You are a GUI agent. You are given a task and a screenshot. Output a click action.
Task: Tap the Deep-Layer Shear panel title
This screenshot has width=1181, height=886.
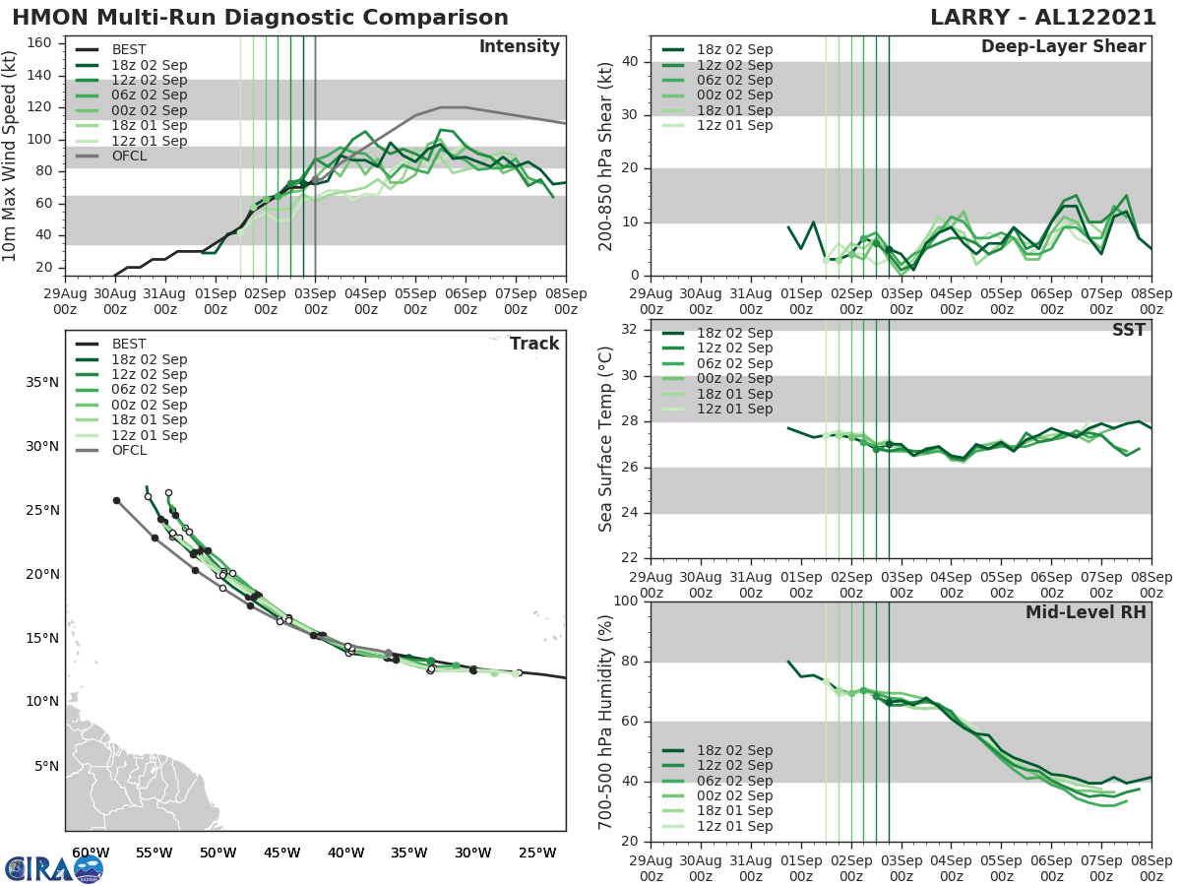[1063, 47]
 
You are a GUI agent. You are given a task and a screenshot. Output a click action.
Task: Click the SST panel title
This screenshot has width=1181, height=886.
[1128, 330]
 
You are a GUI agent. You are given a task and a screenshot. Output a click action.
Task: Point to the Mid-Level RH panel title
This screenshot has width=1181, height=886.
[1086, 612]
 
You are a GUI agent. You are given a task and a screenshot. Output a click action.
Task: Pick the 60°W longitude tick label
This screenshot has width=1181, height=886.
[91, 853]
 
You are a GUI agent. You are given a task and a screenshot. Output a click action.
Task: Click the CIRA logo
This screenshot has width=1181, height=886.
[54, 868]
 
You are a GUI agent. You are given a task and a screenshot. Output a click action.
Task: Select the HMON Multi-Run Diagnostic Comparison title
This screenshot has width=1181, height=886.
[260, 18]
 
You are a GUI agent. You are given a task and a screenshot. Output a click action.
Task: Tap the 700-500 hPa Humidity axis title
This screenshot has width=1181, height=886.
[605, 721]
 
